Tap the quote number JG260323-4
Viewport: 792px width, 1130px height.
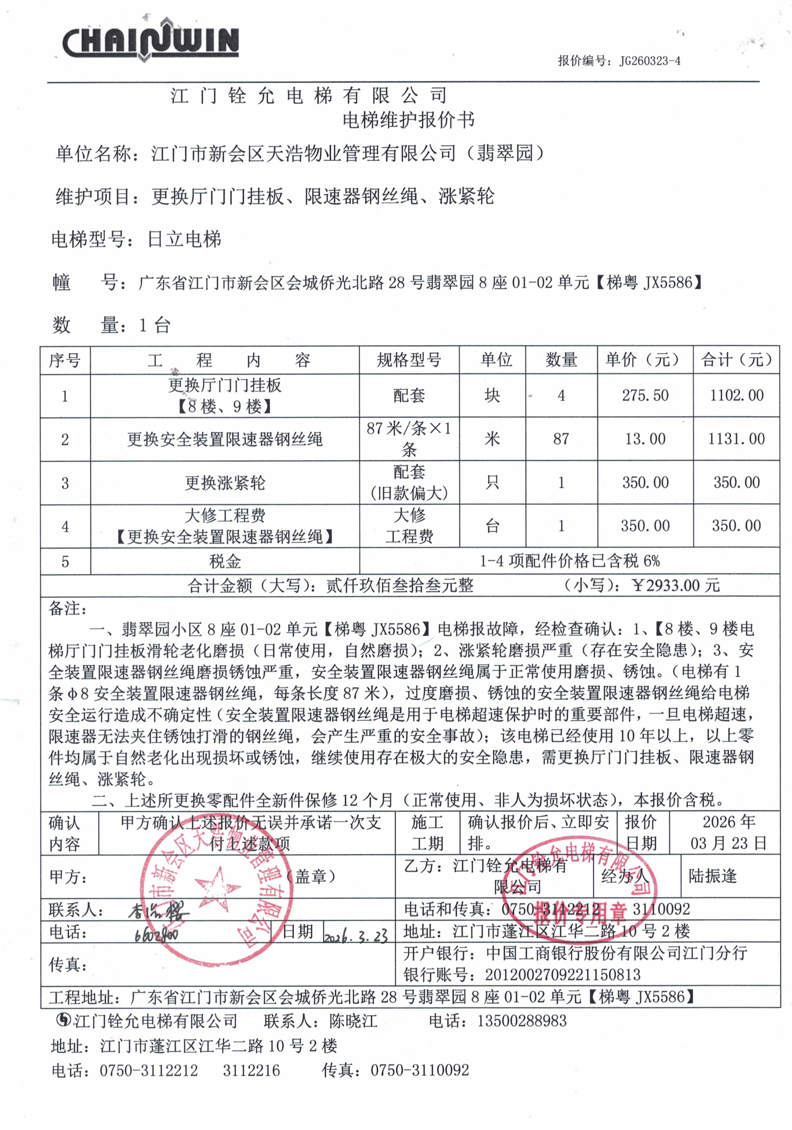pos(649,61)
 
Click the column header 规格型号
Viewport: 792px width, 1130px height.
pos(409,360)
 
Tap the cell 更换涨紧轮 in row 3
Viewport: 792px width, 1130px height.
pos(225,482)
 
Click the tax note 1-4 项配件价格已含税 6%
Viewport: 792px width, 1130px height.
pos(569,561)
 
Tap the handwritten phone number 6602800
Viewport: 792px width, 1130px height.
pos(156,934)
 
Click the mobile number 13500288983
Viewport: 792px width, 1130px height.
pos(522,1021)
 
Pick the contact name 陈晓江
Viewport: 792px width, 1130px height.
pos(353,1021)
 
